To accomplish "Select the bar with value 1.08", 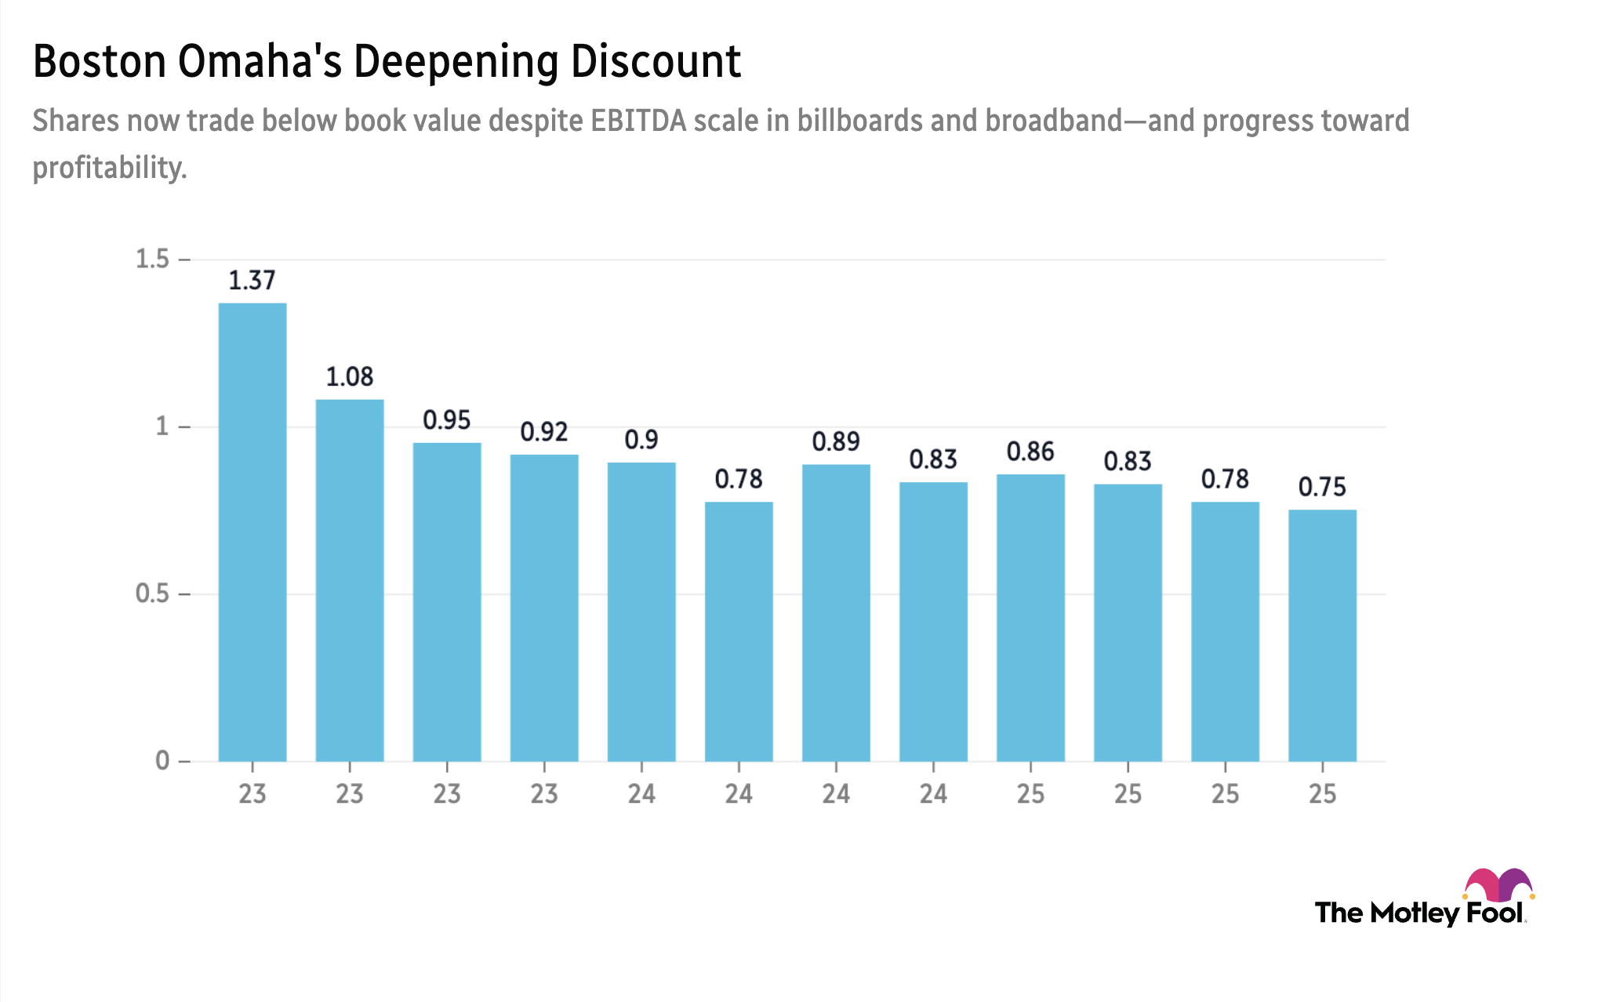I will [x=350, y=580].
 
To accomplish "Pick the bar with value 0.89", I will [x=836, y=612].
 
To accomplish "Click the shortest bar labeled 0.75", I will [x=1322, y=635].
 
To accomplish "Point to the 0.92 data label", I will [x=544, y=431].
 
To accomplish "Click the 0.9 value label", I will [x=641, y=440].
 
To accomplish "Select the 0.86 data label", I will [x=1030, y=452].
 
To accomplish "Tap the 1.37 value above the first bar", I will [x=252, y=280].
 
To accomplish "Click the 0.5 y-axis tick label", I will [x=152, y=594].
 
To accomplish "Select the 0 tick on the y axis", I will [x=162, y=761].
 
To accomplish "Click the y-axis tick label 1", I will [x=162, y=427].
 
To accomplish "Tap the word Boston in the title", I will [x=100, y=61].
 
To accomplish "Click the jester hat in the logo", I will [x=1498, y=884].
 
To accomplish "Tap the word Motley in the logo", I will [x=1415, y=913].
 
